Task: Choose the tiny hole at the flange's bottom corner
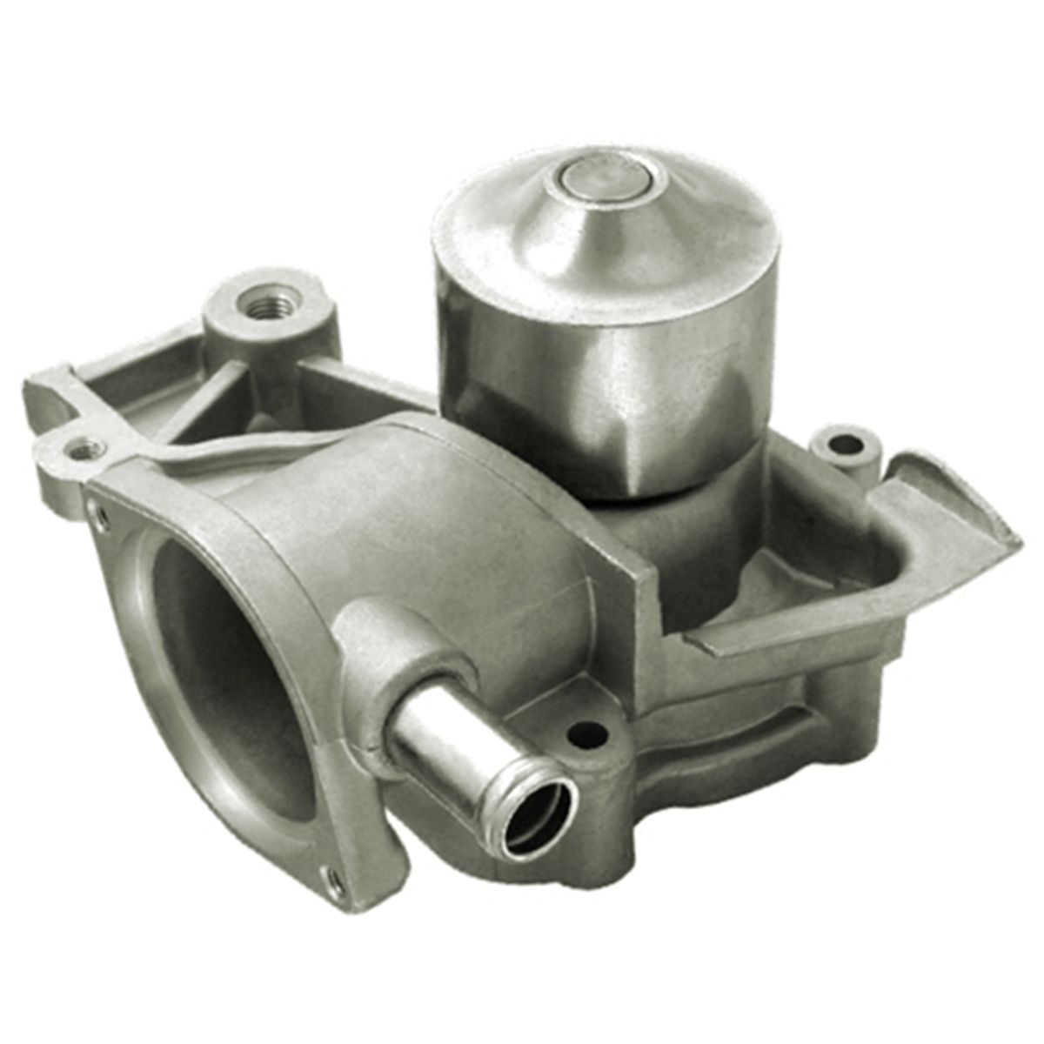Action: coord(331,880)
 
